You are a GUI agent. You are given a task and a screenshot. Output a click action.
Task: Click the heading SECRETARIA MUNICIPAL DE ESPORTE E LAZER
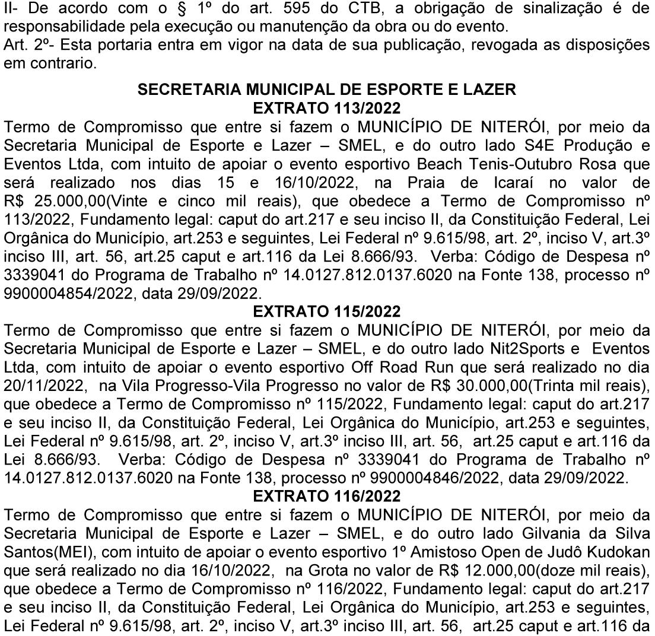click(x=327, y=90)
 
